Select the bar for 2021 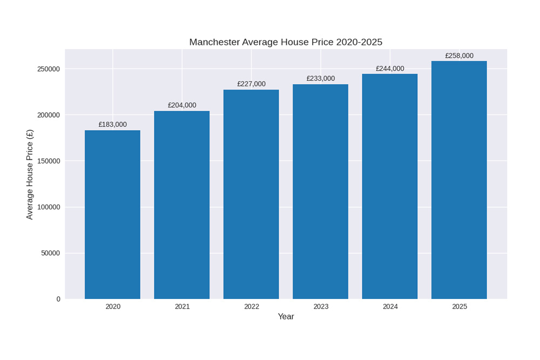click(x=182, y=205)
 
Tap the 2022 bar click(x=251, y=194)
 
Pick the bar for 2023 click(x=320, y=192)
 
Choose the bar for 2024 click(x=390, y=186)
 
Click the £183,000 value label click(x=112, y=125)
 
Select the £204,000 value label click(x=182, y=105)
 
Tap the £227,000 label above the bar click(x=251, y=84)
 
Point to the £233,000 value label click(x=320, y=79)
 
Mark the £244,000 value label click(x=390, y=69)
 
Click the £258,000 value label click(x=459, y=56)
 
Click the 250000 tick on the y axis click(x=49, y=69)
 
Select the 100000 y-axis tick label click(x=49, y=207)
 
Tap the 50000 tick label click(x=50, y=253)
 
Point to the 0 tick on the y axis click(x=58, y=299)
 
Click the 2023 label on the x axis click(x=321, y=307)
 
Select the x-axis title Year click(x=286, y=317)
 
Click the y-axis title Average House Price click(x=30, y=174)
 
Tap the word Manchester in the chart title click(x=214, y=42)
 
